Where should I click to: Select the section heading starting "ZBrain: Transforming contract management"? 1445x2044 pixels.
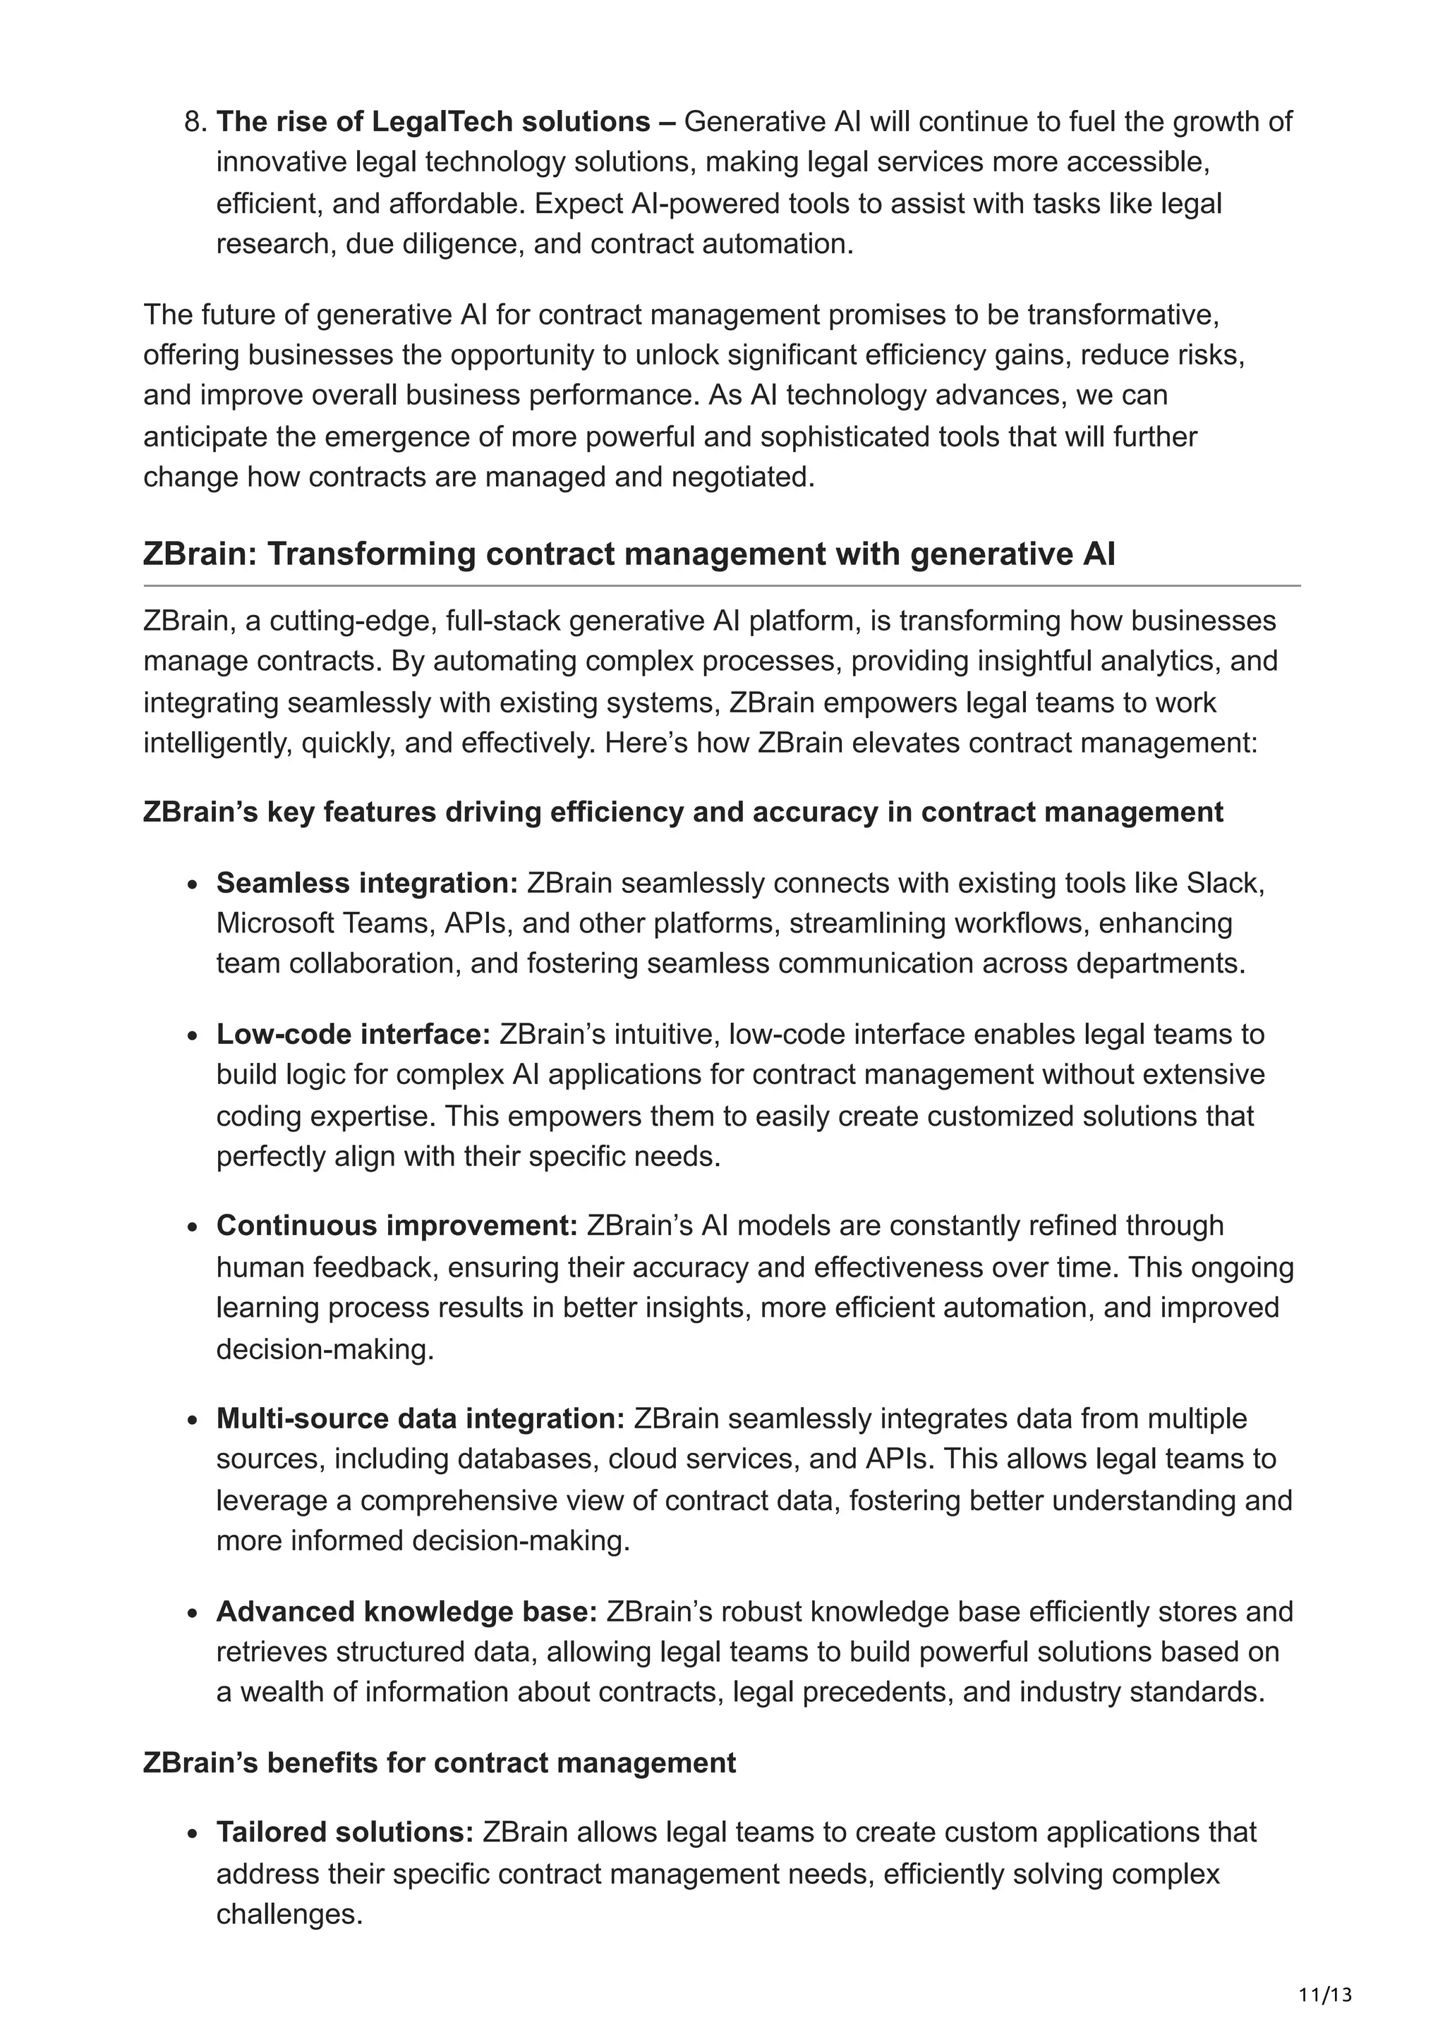pos(629,554)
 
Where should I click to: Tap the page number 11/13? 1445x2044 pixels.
pos(1325,1995)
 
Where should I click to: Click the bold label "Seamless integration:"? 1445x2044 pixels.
pos(367,883)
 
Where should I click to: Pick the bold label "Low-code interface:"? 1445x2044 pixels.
pos(353,1035)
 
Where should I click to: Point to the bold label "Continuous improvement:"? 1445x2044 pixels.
pos(397,1226)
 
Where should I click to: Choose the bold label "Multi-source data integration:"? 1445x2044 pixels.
pos(421,1418)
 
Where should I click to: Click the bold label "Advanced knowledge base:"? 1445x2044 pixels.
pos(406,1612)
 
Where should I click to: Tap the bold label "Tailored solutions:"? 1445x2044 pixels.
pos(344,1832)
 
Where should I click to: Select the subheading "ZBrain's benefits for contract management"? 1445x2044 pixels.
pos(439,1763)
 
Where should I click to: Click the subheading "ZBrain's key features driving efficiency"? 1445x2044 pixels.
pos(683,812)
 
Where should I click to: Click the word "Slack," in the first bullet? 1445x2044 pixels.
pos(1226,883)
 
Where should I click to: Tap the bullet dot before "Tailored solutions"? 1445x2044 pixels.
pos(193,1834)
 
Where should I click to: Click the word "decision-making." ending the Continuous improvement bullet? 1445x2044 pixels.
pos(325,1349)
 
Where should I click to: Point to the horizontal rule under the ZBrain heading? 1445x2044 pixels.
pos(721,586)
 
